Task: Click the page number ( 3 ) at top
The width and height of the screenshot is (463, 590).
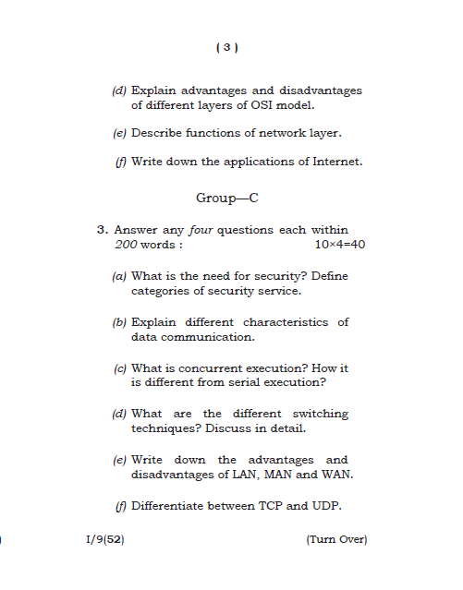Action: tap(227, 47)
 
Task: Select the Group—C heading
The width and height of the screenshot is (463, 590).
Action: tap(226, 198)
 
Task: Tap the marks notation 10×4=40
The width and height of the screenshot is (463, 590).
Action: tap(340, 245)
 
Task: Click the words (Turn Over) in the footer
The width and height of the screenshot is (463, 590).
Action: tap(336, 539)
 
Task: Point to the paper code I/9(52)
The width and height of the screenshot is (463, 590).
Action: tap(103, 539)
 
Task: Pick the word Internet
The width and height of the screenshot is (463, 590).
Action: tap(338, 162)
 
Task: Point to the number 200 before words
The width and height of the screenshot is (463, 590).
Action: tap(125, 245)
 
